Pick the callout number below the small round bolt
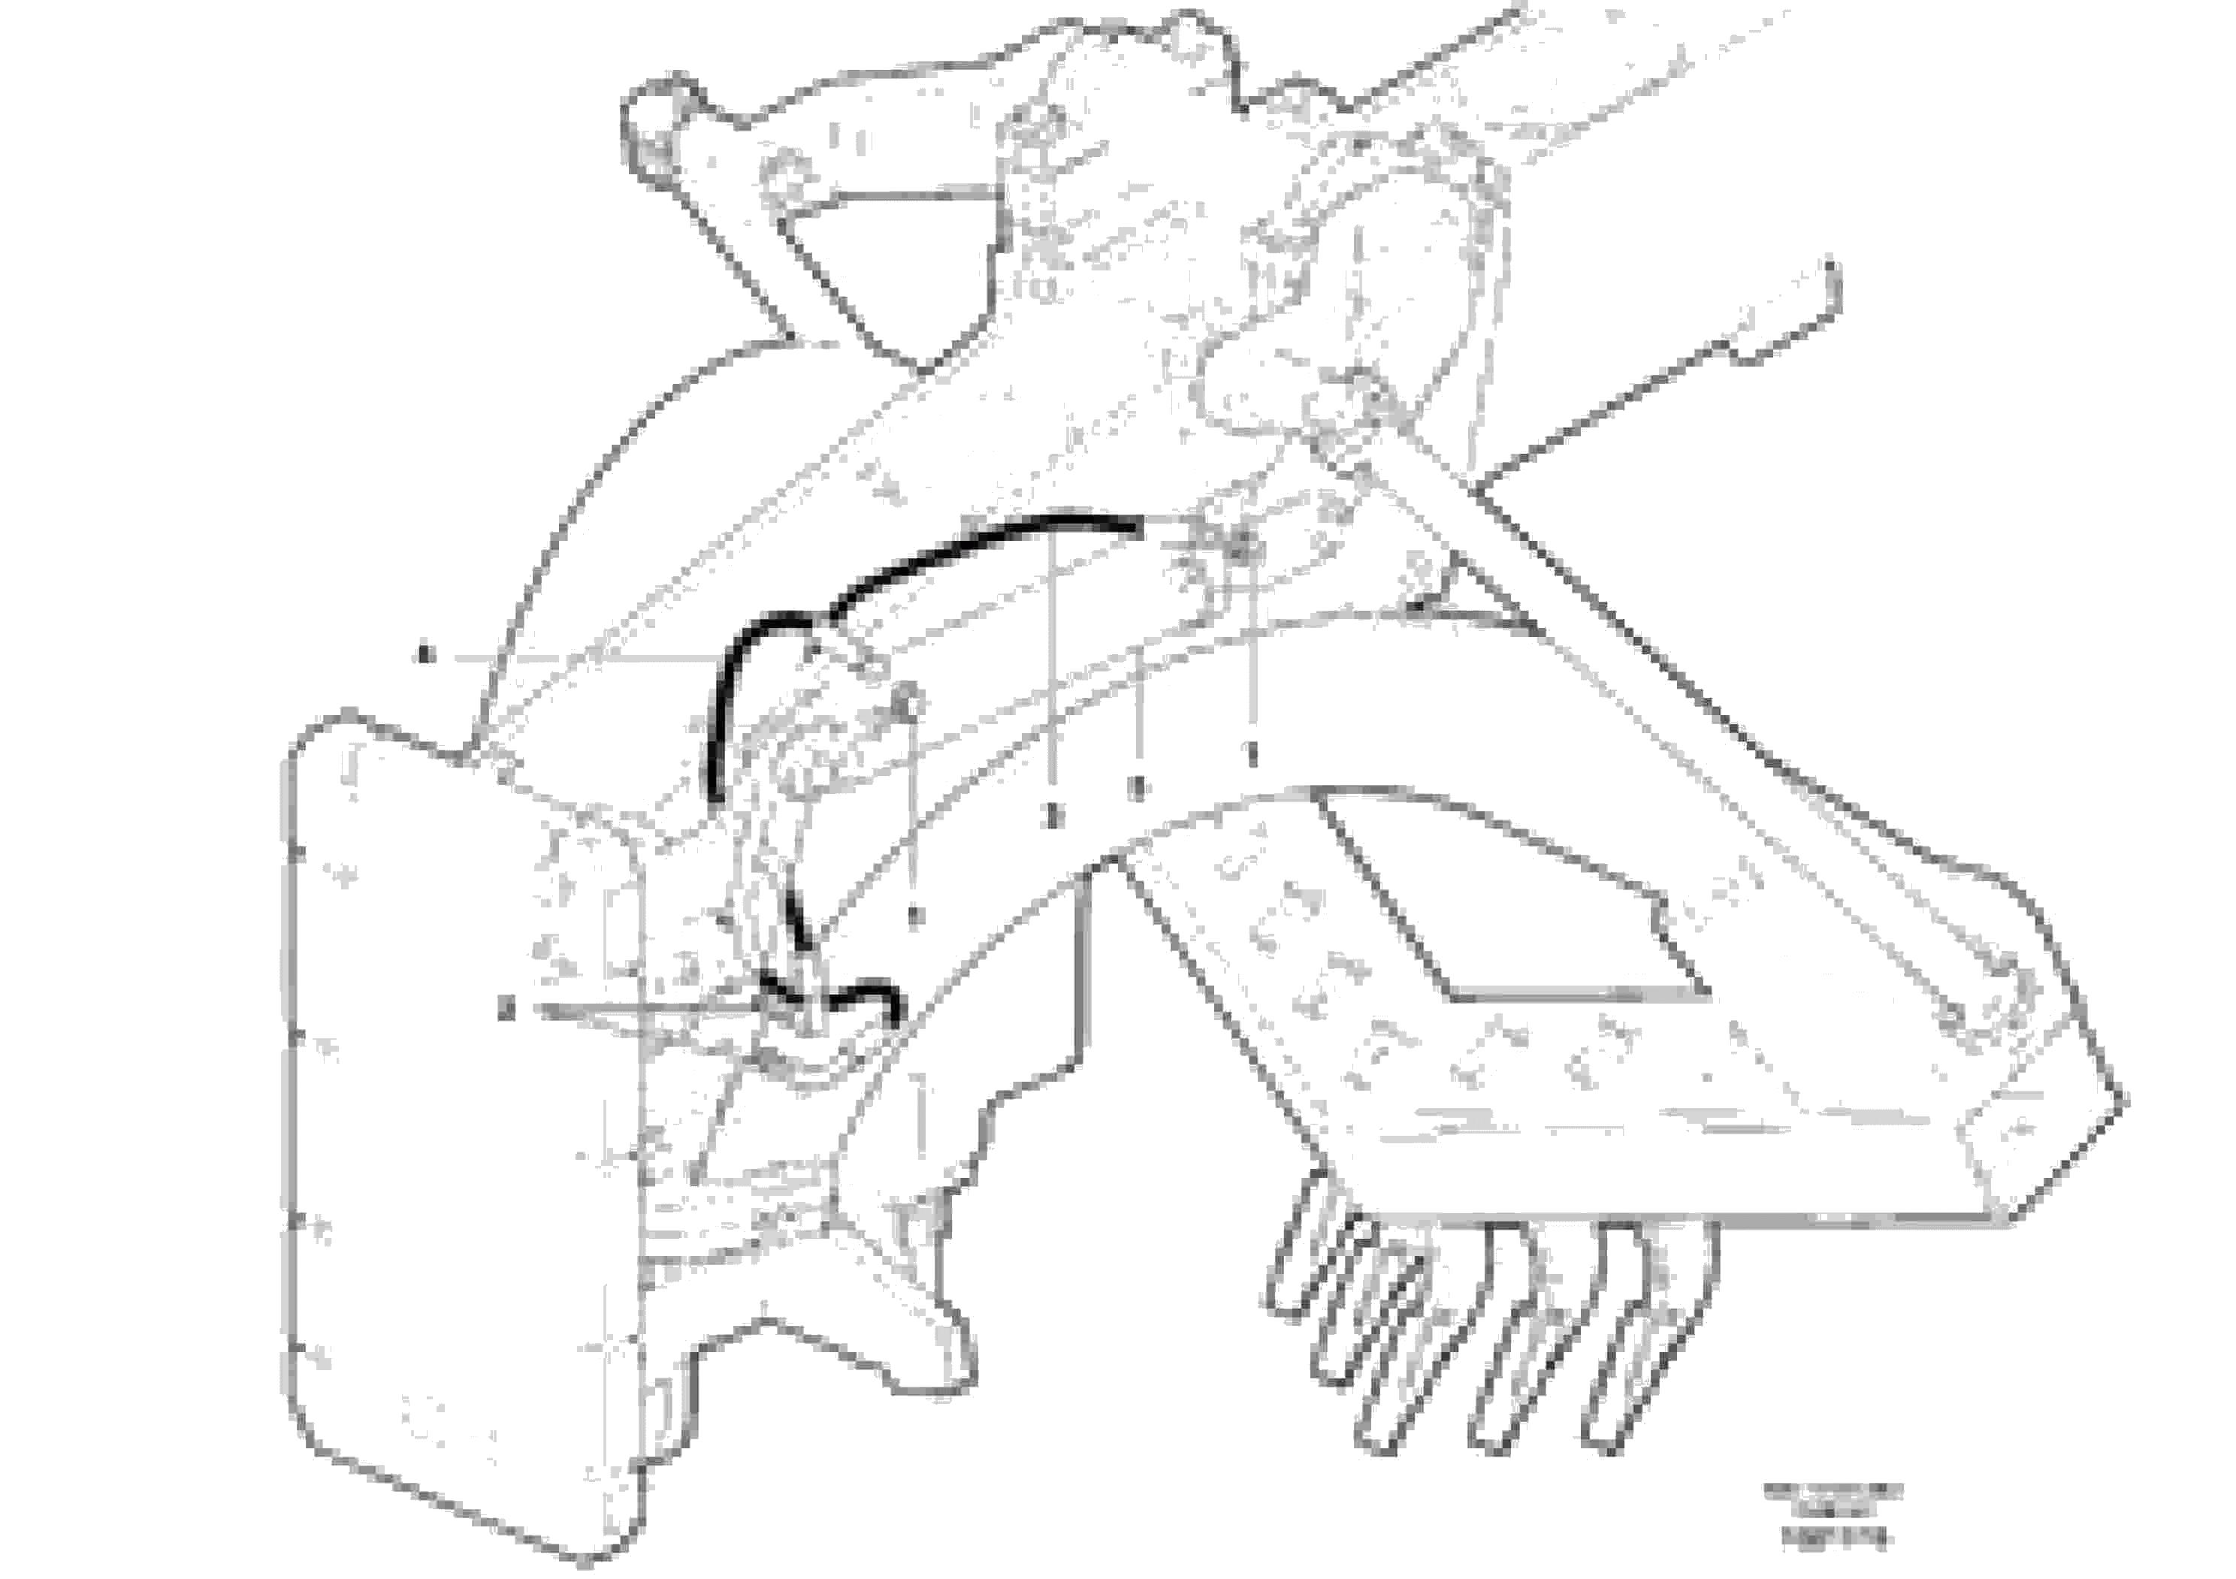(x=914, y=915)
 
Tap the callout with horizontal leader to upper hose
(x=425, y=655)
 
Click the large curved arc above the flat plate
(x=604, y=487)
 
